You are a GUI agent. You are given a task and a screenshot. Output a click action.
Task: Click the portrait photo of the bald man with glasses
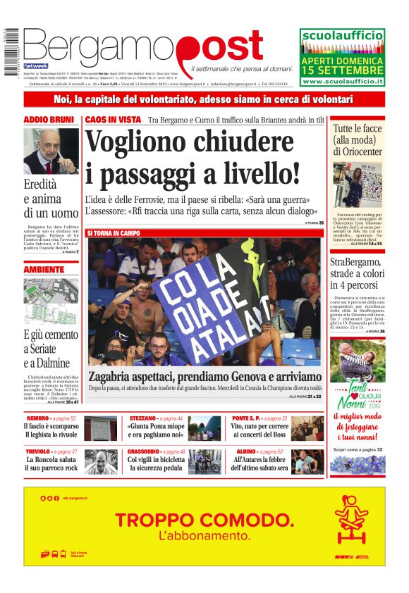pos(51,151)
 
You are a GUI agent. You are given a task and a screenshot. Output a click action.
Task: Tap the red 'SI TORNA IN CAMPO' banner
pos(114,233)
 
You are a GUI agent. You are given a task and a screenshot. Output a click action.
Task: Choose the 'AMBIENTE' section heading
pos(44,270)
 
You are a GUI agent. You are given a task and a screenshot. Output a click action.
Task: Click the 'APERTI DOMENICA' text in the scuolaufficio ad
pos(342,61)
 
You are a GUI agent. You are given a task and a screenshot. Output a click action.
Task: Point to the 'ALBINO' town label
pos(246,451)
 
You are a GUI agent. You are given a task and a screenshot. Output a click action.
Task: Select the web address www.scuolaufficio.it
pos(342,82)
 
